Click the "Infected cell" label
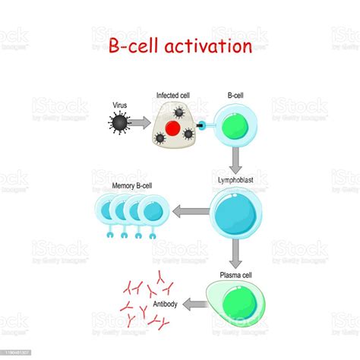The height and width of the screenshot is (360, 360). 174,96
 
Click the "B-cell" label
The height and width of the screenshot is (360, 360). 236,96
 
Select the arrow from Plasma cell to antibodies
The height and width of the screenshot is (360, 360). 195,304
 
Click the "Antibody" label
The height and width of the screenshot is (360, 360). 166,305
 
